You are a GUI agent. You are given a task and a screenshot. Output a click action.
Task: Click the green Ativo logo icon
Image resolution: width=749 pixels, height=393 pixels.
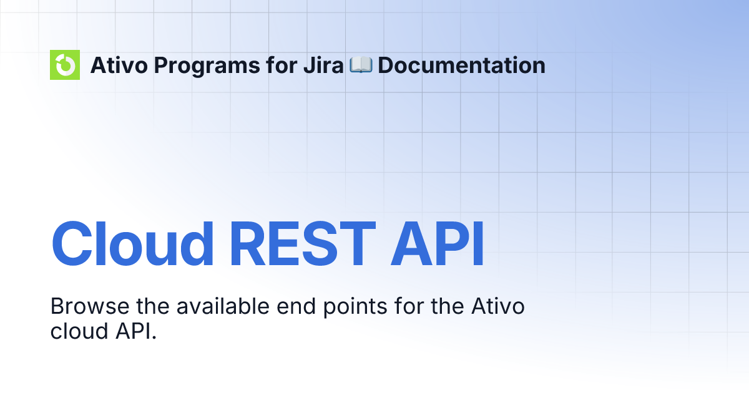coord(65,65)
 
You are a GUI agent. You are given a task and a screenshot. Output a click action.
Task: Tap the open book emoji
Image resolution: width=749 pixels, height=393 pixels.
coord(361,65)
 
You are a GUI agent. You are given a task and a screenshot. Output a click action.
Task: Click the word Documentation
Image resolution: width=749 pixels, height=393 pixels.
coord(461,65)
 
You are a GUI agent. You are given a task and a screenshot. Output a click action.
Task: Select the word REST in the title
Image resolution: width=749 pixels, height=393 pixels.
coord(303,245)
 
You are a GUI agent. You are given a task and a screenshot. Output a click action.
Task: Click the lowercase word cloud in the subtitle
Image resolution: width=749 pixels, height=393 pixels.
coord(71,331)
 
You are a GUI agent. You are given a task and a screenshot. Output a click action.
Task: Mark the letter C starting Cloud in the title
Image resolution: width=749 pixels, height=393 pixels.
coord(74,245)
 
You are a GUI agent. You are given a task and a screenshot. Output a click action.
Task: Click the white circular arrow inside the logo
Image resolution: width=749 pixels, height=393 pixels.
coord(65,65)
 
